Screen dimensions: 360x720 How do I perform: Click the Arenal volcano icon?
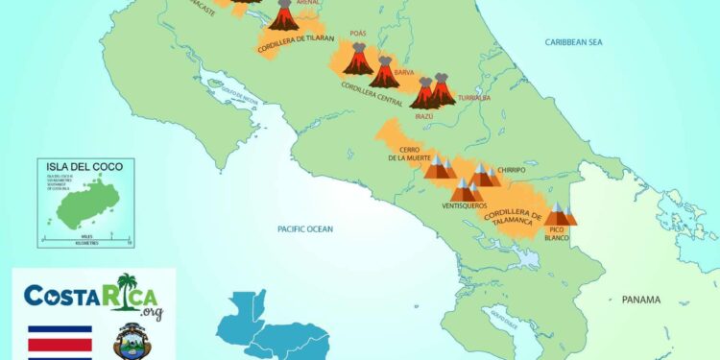[x=283, y=15]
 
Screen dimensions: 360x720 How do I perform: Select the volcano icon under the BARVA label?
[x=384, y=73]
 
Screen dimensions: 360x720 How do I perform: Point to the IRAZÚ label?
[x=424, y=116]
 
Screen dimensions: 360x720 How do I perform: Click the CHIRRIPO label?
[x=511, y=170]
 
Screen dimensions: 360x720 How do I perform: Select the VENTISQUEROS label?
[x=465, y=205]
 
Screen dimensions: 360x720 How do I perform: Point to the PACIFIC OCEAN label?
[x=304, y=228]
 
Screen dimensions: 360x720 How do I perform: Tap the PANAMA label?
[x=640, y=300]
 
